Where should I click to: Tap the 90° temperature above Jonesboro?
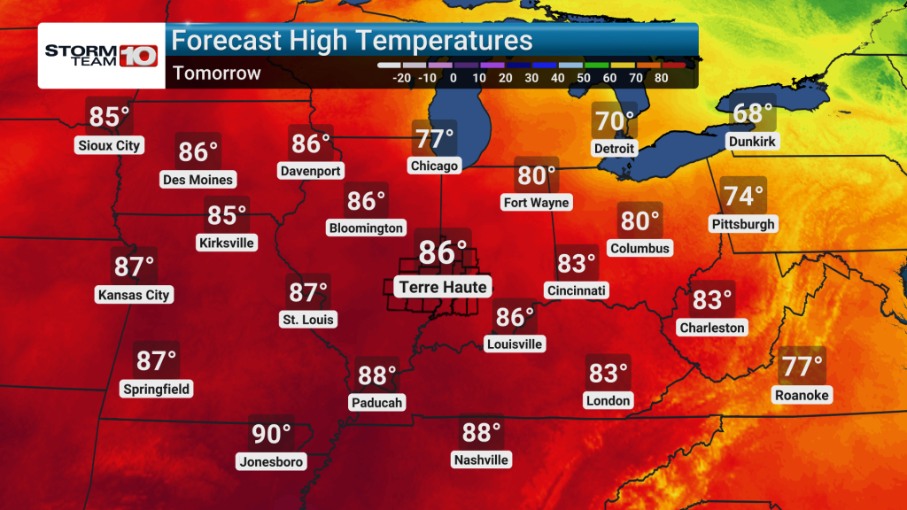271,434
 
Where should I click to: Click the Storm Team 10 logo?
101,54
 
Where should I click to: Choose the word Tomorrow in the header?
217,73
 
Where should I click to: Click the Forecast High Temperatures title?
352,40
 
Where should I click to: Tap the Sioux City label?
110,145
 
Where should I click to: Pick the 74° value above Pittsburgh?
743,196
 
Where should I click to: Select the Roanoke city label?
802,395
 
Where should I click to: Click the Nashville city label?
481,460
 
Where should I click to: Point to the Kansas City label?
135,295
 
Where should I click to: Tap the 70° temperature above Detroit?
614,121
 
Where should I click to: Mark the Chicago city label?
434,166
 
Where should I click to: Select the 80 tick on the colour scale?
660,78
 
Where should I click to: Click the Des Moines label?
198,180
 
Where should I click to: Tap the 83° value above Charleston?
712,300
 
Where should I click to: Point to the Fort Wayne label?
536,203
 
